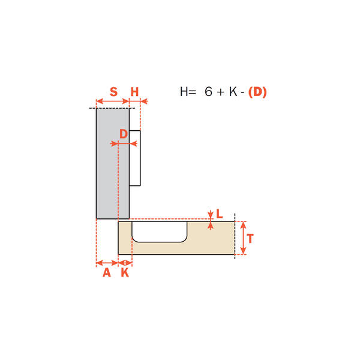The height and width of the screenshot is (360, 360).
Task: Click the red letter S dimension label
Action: click(x=113, y=92)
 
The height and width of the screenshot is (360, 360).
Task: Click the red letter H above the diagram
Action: click(x=135, y=92)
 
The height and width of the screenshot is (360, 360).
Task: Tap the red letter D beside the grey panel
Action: click(x=124, y=134)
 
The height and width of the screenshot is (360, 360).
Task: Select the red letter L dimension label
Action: click(x=220, y=214)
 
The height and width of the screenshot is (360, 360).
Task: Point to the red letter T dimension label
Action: click(x=250, y=239)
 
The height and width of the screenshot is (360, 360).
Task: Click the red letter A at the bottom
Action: click(x=107, y=273)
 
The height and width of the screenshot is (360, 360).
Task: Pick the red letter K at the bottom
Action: click(x=125, y=273)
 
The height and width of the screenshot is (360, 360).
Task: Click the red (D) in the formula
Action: click(x=257, y=92)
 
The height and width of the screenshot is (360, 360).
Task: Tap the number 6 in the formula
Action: click(x=208, y=92)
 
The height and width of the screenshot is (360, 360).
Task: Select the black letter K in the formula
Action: click(x=233, y=92)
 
